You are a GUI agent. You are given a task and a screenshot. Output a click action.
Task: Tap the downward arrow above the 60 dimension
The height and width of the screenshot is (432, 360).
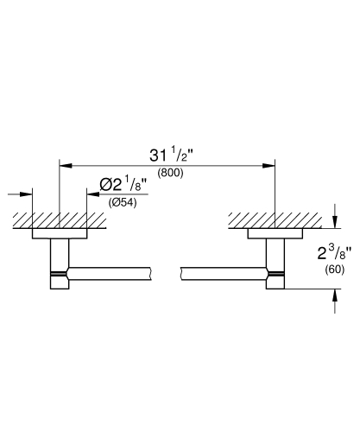click(335, 222)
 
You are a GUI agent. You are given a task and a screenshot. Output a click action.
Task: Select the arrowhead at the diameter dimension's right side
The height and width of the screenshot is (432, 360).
click(89, 194)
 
